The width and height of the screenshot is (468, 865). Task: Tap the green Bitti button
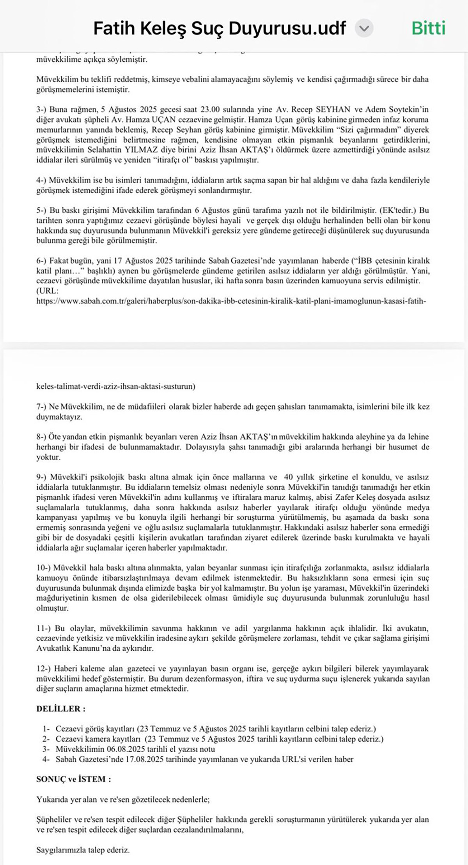(428, 28)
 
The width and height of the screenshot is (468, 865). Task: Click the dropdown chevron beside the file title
(364, 28)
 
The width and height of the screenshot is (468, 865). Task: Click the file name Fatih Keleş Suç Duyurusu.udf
(220, 28)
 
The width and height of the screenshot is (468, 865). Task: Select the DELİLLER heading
(61, 709)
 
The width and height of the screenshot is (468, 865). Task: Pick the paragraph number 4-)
(42, 180)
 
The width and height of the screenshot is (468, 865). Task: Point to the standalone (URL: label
(47, 291)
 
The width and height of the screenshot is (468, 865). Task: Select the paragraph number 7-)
(42, 407)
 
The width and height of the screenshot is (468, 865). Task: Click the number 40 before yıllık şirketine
(289, 477)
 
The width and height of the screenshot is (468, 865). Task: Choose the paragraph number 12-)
(43, 669)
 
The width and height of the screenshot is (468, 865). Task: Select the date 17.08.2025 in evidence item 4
(184, 759)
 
